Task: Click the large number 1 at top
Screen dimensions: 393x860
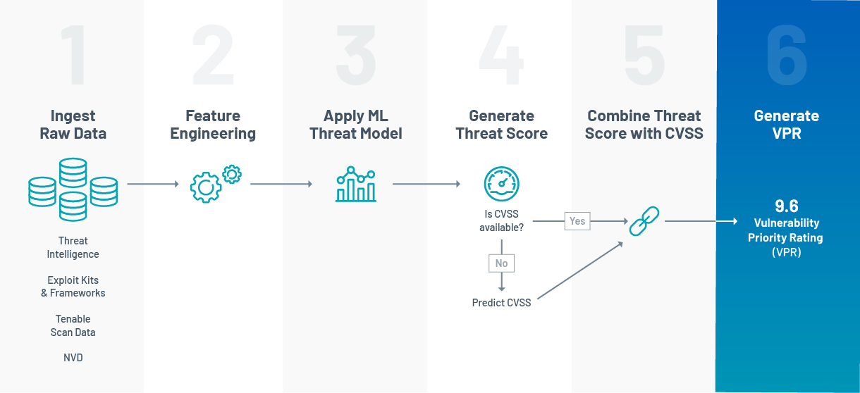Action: (73, 56)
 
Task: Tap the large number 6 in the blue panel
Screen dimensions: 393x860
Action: (787, 56)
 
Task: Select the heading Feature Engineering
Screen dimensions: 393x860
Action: (213, 125)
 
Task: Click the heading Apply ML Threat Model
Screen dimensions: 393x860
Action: (356, 125)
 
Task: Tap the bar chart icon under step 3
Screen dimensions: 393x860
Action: (356, 185)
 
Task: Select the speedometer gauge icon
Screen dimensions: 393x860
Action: (501, 184)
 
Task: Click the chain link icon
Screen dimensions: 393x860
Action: (644, 221)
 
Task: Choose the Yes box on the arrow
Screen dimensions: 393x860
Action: (577, 220)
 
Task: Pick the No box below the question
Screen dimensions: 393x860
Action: (501, 263)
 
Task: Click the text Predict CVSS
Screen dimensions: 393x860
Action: (501, 303)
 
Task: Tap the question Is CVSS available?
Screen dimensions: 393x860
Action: (501, 220)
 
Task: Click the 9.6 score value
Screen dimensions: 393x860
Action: (787, 206)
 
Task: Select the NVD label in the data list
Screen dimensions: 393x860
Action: (73, 358)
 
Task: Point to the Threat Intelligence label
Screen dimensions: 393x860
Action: (73, 248)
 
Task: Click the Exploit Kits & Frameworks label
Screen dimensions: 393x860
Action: (73, 287)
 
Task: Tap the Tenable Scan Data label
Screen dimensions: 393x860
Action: (73, 325)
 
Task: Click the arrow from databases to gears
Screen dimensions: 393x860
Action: (153, 185)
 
